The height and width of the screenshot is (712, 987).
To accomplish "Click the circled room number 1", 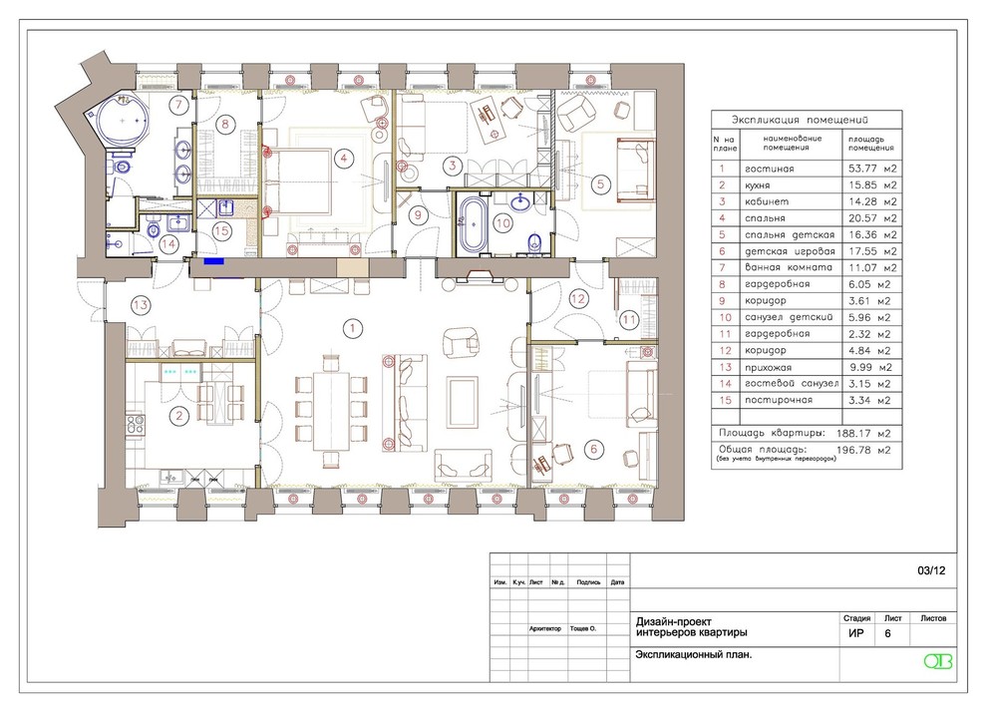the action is coord(353,327).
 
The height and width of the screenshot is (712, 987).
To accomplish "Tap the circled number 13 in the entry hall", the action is coord(141,305).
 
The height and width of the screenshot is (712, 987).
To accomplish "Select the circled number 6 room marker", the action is coord(593,449).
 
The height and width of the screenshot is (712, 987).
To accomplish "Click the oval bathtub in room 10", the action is coord(473,223).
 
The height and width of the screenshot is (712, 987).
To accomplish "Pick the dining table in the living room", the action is coord(331,411).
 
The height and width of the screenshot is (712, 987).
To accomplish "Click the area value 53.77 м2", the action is coord(872,169).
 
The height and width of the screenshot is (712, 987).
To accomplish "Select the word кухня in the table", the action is coord(758,185).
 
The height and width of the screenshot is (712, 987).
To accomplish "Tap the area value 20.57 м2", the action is coord(872,217).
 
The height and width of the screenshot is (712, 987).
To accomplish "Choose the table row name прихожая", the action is coord(768,367).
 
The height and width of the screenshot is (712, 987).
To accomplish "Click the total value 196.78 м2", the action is coord(863,450).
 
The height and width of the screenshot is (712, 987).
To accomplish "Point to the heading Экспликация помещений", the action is coord(800,120).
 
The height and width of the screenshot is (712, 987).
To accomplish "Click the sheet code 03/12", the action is coord(931,571).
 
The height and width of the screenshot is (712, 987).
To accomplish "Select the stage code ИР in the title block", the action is coord(856,633).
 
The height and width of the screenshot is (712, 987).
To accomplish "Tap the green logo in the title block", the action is coord(938,661).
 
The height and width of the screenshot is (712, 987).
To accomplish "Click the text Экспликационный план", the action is coord(694,655).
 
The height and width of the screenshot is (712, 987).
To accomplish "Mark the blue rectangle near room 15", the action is coord(213,261).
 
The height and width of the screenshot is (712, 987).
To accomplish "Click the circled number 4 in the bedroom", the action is coord(343,158).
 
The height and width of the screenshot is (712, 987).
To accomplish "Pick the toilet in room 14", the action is coord(153,230).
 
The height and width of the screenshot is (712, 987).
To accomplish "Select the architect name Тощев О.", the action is coord(583,628).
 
